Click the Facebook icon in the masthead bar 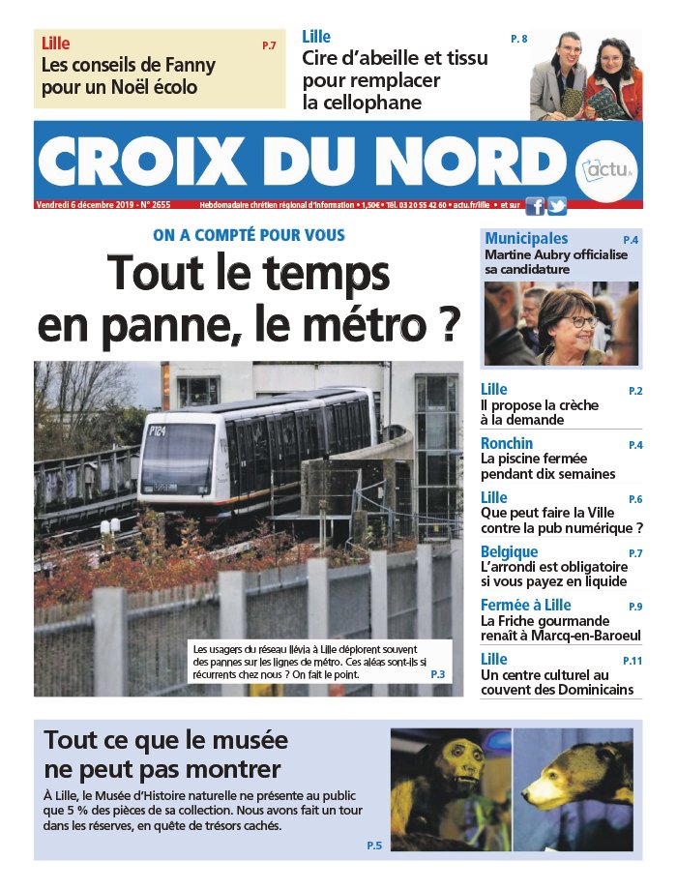533,205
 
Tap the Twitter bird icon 556,205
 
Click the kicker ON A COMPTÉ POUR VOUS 249,235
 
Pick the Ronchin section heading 507,443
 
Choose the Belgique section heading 510,551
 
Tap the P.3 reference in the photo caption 437,673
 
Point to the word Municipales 526,238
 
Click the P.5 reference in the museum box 374,845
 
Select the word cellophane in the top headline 362,103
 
